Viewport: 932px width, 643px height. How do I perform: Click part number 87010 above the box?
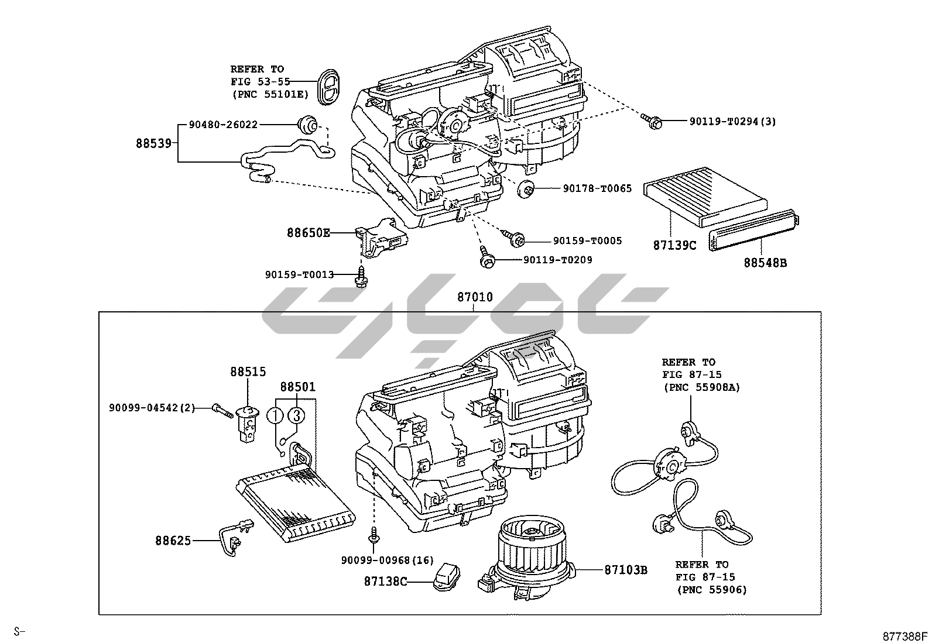point(475,297)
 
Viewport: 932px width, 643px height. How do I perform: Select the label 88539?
point(154,143)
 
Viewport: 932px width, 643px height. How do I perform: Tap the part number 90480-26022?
point(223,125)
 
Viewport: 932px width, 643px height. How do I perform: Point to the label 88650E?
point(308,233)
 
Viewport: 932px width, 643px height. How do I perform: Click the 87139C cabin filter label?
point(674,246)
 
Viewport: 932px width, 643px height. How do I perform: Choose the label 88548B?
point(765,263)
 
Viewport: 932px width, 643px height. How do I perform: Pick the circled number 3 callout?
point(296,415)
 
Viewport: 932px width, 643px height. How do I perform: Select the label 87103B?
point(626,569)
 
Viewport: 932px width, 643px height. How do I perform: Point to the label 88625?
point(173,541)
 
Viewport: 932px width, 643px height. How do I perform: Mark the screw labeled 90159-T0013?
point(362,276)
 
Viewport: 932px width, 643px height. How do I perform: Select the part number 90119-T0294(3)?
point(732,122)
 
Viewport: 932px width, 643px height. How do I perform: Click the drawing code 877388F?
point(906,635)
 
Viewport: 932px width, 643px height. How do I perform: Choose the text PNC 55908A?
point(702,387)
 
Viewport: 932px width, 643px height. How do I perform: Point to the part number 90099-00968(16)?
point(387,561)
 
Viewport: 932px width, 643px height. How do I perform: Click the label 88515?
point(248,371)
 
